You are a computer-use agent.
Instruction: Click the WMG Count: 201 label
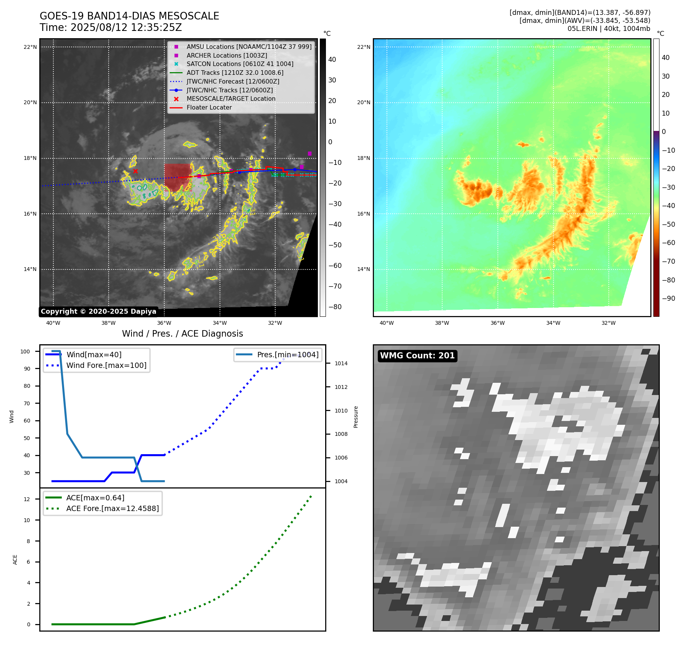(x=417, y=356)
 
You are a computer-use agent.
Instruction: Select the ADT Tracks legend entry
(x=235, y=73)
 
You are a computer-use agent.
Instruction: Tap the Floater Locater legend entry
(x=209, y=108)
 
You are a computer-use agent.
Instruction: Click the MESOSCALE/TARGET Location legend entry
(x=231, y=99)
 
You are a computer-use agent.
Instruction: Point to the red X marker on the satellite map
(x=135, y=171)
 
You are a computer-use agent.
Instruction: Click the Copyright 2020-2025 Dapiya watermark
(x=98, y=311)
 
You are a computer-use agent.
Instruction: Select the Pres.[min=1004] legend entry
(x=287, y=355)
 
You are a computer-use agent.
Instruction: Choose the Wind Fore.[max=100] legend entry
(x=106, y=365)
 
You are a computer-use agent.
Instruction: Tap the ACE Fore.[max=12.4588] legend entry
(x=112, y=508)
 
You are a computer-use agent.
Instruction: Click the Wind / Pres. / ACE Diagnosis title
(x=182, y=334)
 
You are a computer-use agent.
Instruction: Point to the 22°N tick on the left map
(x=30, y=47)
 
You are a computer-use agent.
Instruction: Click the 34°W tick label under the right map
(x=553, y=323)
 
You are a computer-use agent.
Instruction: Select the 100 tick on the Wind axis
(x=25, y=352)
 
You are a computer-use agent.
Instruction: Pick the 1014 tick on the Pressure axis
(x=341, y=363)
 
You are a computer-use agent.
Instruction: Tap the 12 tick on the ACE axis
(x=27, y=499)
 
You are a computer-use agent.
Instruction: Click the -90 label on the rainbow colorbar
(x=668, y=298)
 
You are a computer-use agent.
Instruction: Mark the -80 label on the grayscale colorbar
(x=335, y=307)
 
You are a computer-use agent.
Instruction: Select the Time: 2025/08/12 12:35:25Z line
(x=111, y=27)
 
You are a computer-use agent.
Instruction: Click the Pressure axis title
(x=356, y=417)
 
